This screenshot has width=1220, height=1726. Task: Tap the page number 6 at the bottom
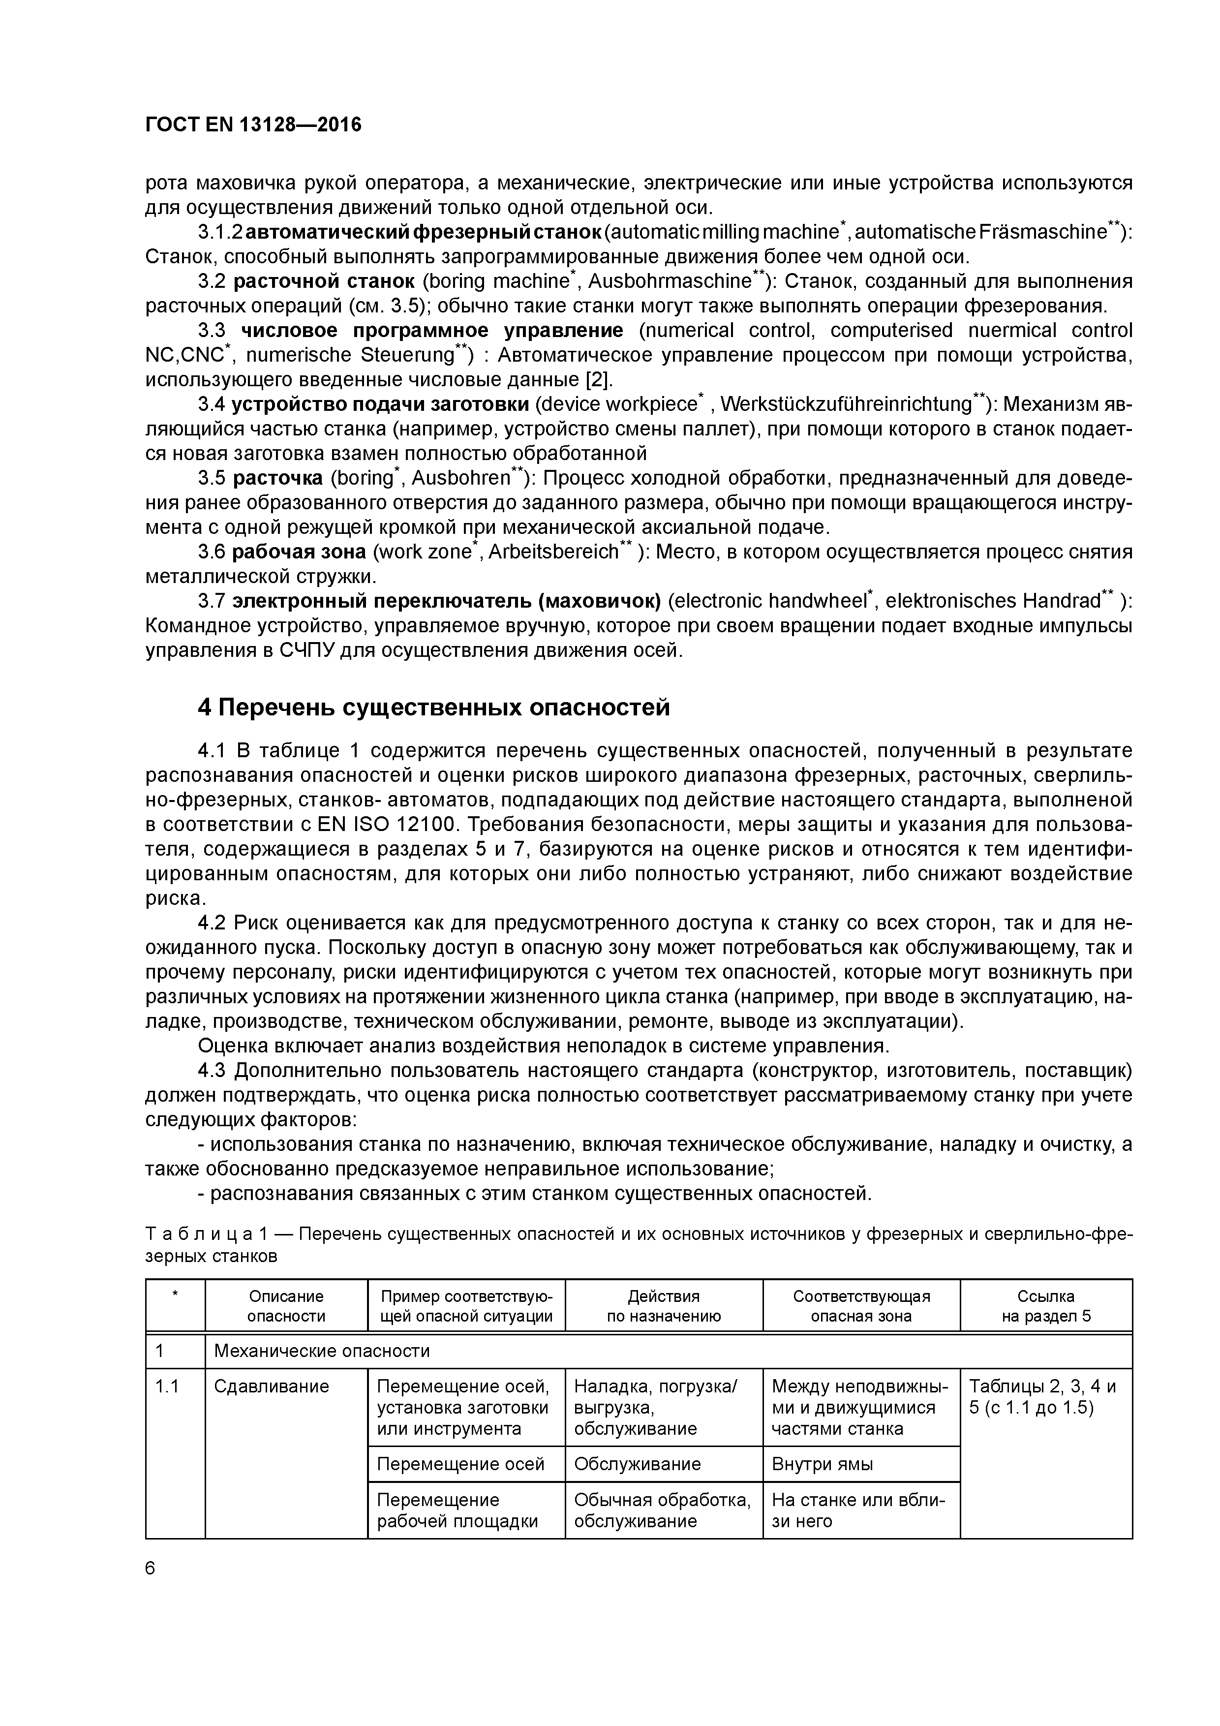point(151,1568)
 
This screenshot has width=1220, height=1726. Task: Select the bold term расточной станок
point(324,281)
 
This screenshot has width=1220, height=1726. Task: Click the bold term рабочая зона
point(299,552)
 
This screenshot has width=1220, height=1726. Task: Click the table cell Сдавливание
point(272,1386)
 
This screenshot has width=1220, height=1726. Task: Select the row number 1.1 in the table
point(167,1386)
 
